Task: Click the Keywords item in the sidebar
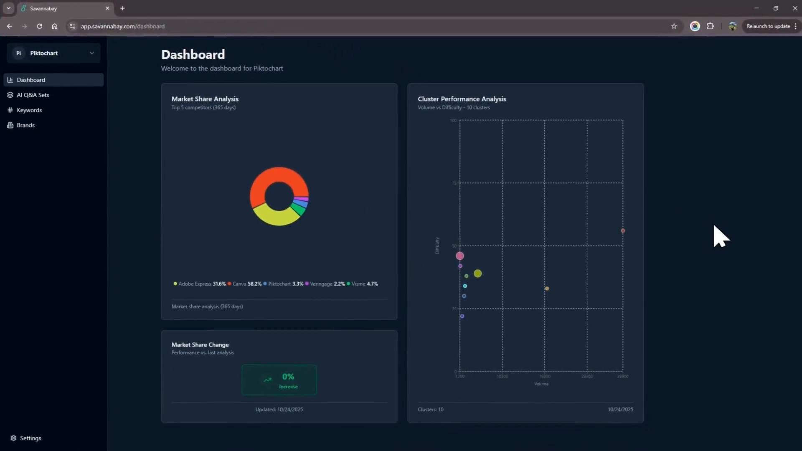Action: click(29, 110)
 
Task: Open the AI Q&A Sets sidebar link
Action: click(33, 95)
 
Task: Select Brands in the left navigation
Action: click(25, 125)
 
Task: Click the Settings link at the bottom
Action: click(30, 438)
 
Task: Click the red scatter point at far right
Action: click(623, 231)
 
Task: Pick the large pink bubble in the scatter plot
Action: click(460, 256)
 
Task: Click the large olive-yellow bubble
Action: click(478, 274)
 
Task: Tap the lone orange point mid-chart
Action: click(547, 289)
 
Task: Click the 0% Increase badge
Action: click(279, 380)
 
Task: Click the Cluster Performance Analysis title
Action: click(462, 99)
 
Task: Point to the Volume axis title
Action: click(541, 384)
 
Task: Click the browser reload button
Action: click(39, 26)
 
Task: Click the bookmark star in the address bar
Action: click(674, 26)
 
